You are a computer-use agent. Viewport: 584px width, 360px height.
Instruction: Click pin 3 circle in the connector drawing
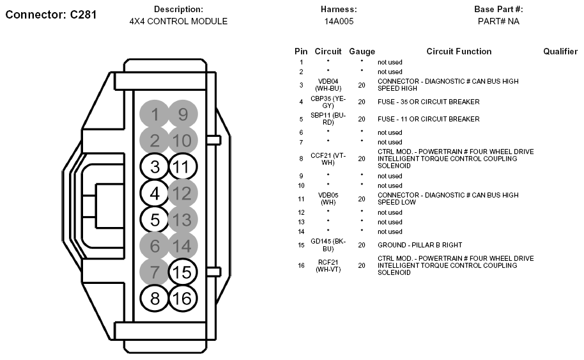155,168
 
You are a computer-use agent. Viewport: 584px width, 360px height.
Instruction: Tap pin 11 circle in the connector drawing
183,168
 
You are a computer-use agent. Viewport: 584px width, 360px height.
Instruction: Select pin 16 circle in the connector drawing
183,298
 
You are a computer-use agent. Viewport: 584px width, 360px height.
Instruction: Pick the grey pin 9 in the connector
183,114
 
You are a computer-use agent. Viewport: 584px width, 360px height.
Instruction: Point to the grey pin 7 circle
155,272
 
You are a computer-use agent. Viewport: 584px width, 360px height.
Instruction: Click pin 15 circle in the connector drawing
183,272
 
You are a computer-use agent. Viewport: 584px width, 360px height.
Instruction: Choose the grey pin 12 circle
183,192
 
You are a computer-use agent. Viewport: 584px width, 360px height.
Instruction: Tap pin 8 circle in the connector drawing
155,298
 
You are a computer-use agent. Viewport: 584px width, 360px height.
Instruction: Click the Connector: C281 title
51,14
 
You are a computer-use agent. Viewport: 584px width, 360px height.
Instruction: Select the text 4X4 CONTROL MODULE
178,21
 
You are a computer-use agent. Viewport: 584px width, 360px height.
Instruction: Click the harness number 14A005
339,21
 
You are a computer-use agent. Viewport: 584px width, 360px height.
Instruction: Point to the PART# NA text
498,21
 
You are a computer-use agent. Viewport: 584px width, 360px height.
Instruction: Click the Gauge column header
362,51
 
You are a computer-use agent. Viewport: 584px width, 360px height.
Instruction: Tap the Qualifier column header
560,51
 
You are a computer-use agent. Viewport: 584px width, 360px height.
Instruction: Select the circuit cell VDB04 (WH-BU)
328,85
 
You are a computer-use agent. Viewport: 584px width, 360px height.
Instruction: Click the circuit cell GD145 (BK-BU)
328,245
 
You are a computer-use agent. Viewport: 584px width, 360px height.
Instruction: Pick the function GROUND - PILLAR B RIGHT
419,245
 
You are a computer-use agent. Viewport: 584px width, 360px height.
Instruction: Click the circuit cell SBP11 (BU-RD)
328,119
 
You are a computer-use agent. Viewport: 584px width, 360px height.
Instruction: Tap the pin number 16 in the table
301,265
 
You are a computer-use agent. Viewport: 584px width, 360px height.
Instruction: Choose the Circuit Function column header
459,51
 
